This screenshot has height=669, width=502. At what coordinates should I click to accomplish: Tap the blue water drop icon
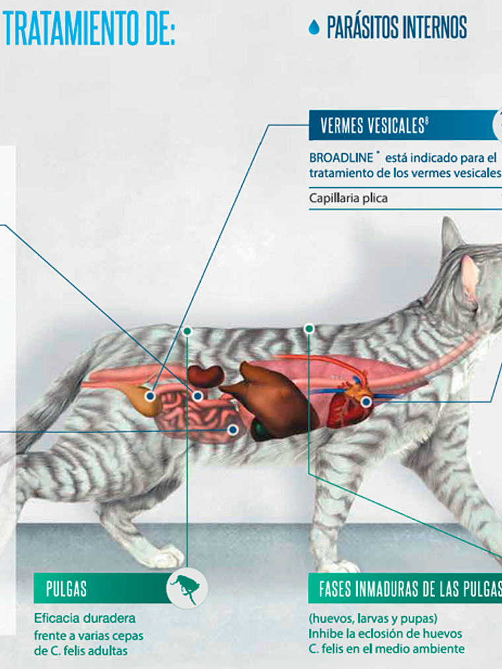pos(314,27)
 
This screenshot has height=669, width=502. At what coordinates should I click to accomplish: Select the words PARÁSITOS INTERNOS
pos(396,27)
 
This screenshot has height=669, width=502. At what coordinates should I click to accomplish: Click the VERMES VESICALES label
pos(374,125)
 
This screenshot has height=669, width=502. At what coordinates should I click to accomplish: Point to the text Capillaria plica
pos(348,197)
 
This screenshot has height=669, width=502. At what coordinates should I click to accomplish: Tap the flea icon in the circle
pos(187,588)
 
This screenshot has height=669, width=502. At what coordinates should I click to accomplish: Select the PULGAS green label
pos(67,588)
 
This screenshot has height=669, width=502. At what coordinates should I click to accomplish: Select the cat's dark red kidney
pos(206,375)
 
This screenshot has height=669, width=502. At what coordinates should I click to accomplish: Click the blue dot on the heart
pos(366,401)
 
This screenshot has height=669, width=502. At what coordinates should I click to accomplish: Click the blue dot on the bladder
pos(151,396)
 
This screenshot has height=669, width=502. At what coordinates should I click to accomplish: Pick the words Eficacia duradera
pos(85,619)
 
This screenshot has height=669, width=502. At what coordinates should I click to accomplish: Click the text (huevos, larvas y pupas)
pos(373,619)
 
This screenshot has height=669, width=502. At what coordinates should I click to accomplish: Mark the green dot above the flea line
pos(188,330)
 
